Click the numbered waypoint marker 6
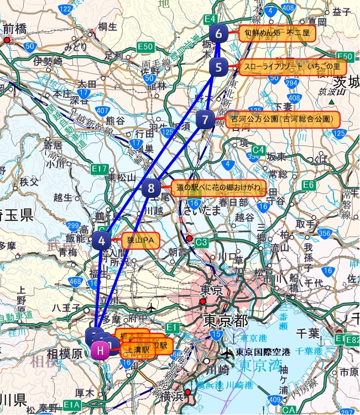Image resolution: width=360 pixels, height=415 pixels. [219, 34]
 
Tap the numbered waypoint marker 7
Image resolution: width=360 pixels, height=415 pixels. [205, 119]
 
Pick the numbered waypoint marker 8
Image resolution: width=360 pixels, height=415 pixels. [152, 188]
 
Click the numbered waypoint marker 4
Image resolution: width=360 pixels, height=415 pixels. [102, 240]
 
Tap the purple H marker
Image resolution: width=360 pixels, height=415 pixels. [100, 350]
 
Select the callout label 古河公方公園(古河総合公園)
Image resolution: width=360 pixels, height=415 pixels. [282, 119]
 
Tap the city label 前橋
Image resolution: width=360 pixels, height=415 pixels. [15, 29]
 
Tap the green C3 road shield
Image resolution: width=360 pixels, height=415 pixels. [202, 242]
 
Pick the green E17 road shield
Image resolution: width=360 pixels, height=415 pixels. [100, 168]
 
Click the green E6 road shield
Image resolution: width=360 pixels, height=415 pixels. [309, 184]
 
